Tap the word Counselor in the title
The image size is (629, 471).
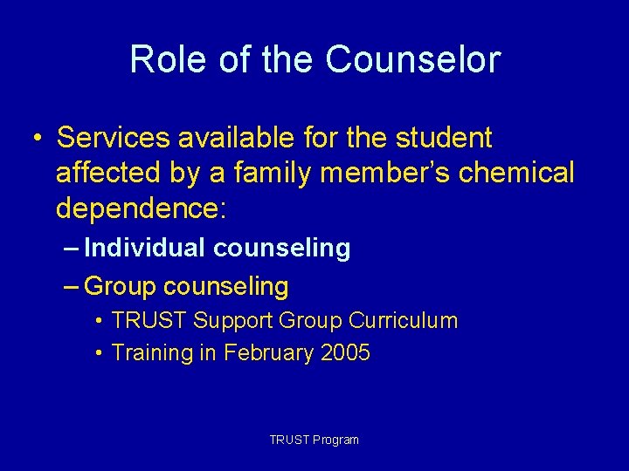[x=412, y=60]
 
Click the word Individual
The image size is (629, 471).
[x=145, y=249]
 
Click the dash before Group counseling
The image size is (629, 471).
[x=73, y=286]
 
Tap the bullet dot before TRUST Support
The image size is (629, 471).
[x=101, y=321]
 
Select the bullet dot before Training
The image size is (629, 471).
[x=101, y=353]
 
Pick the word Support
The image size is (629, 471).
[x=232, y=322]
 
